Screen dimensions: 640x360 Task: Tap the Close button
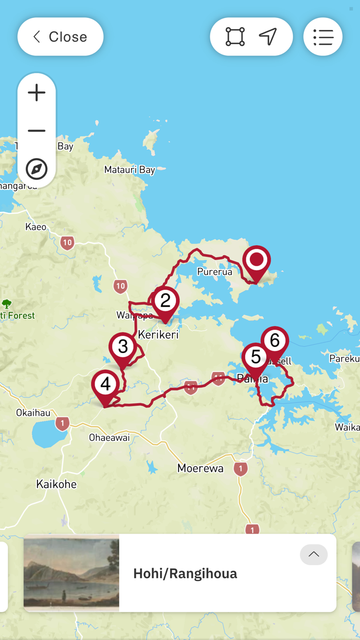(60, 37)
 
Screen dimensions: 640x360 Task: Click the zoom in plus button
(37, 93)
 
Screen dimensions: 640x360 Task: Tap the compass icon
(37, 169)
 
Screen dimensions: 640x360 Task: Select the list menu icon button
(323, 37)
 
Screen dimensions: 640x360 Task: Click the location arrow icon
(268, 37)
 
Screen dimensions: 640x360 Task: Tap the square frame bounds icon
(235, 37)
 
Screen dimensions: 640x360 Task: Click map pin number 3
(123, 347)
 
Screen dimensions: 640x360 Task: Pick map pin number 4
(105, 384)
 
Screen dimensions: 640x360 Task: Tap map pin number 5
(256, 357)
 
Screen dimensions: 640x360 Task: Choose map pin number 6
(275, 341)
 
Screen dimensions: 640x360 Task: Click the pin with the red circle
(256, 260)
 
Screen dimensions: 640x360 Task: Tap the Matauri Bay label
(130, 170)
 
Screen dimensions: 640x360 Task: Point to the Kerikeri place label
(158, 335)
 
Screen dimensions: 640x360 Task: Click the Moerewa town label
(201, 469)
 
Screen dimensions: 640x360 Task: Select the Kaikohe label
(57, 484)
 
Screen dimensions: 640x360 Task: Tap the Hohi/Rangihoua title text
(185, 574)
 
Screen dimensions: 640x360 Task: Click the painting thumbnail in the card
(71, 573)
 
